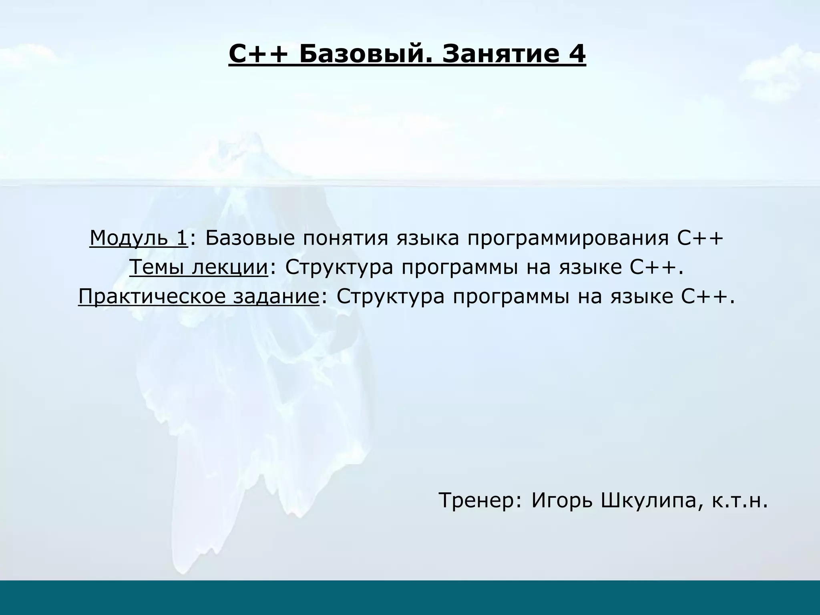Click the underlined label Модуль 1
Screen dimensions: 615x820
[x=139, y=238]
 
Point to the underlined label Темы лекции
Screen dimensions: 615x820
[x=199, y=267]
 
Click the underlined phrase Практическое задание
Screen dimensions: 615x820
[x=199, y=297]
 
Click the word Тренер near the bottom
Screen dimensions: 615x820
[x=480, y=500]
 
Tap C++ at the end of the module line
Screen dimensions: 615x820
[x=701, y=238]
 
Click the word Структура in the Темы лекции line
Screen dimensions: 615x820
[x=339, y=267]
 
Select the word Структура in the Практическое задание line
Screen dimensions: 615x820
[x=390, y=297]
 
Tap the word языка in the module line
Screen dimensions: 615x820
[x=427, y=238]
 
